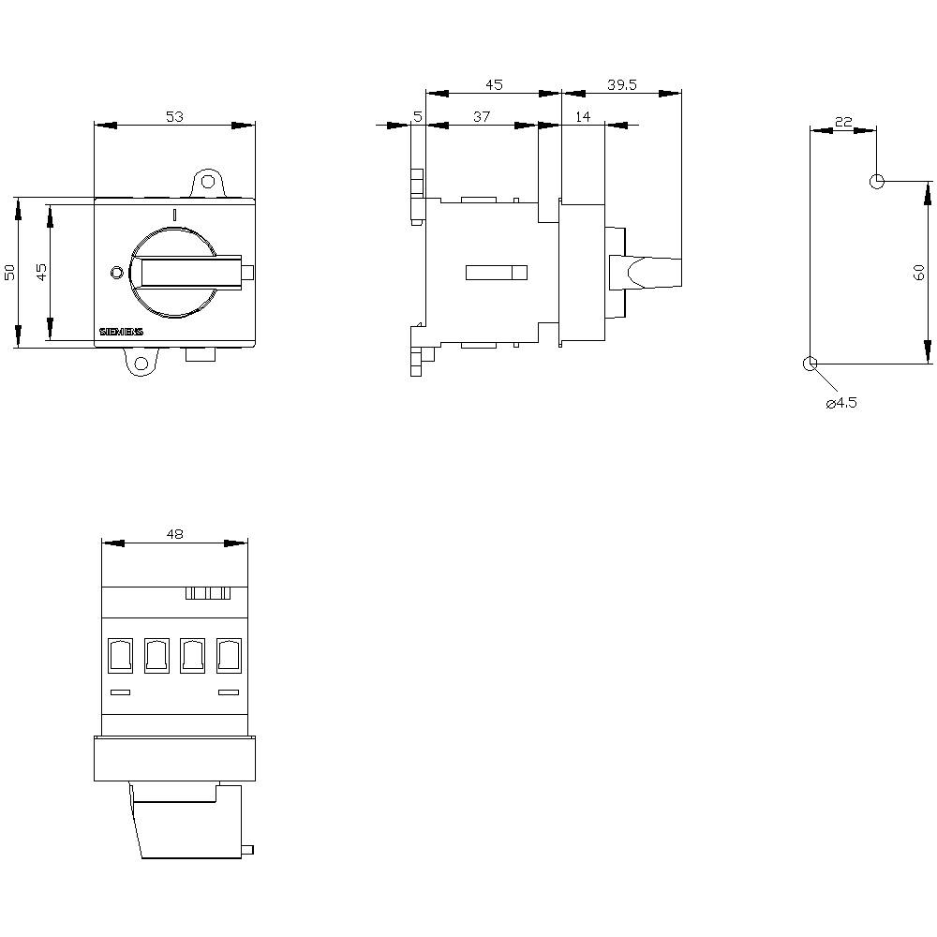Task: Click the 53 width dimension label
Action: coord(174,116)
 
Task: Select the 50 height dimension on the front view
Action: coord(10,272)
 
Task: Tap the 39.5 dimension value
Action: coord(621,84)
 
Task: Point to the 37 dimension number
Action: coord(481,116)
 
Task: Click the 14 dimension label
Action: coord(583,116)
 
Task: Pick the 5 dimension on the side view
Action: coord(417,116)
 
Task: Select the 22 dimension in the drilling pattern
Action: coord(843,122)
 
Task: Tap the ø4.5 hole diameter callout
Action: coord(840,403)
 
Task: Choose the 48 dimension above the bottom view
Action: coord(174,534)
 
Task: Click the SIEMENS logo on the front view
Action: coord(122,334)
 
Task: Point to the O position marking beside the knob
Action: coord(116,273)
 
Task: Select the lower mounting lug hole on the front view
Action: coord(141,364)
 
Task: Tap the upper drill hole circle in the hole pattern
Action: coord(876,181)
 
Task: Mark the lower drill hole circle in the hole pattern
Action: coord(811,364)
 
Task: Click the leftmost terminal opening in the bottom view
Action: coord(120,655)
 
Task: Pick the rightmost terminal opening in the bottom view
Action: coord(228,655)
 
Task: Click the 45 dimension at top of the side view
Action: coord(494,84)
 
